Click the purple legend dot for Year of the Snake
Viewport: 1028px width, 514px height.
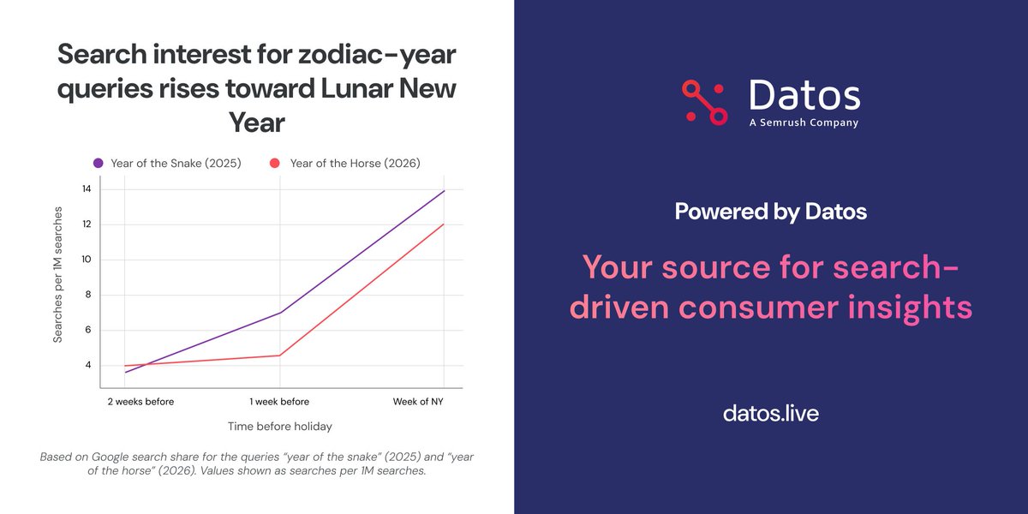point(99,163)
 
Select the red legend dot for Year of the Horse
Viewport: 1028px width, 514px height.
point(275,163)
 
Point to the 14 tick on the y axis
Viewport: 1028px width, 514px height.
point(87,189)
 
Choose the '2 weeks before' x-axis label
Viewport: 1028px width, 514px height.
point(140,401)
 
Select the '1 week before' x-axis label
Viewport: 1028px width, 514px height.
point(279,401)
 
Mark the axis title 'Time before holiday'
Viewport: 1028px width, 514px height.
point(279,426)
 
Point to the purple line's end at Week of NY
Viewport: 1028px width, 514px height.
point(445,191)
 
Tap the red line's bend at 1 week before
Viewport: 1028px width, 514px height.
point(280,355)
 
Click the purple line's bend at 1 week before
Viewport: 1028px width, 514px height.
point(280,313)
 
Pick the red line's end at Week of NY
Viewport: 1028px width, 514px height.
point(445,224)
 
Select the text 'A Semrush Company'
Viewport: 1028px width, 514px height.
point(804,123)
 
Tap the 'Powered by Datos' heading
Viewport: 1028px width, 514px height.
point(770,211)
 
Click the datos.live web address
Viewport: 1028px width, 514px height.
point(770,413)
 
